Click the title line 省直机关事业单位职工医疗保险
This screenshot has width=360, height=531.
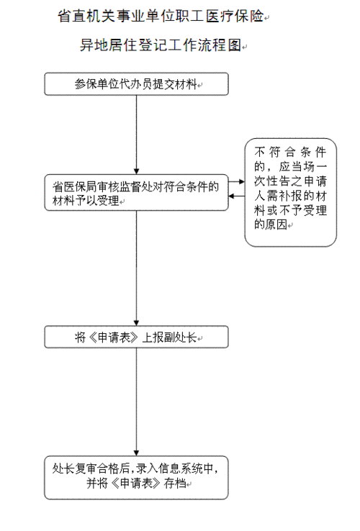click(161, 16)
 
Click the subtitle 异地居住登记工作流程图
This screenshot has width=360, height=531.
click(161, 45)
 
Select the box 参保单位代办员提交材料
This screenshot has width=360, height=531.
click(136, 83)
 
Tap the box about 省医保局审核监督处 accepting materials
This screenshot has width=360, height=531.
click(136, 193)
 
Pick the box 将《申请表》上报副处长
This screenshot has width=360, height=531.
click(136, 337)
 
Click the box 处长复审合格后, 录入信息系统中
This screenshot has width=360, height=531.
click(136, 478)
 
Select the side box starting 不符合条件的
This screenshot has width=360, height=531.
click(290, 192)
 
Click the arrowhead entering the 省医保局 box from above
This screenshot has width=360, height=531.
click(136, 171)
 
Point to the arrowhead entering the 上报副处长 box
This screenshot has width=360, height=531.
click(136, 322)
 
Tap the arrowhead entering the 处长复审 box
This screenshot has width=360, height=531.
click(136, 453)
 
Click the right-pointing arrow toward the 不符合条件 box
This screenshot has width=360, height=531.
click(237, 182)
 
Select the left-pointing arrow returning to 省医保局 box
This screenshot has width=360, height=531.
click(237, 196)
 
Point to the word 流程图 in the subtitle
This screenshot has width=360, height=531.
click(220, 45)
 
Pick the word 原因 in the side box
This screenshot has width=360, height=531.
click(276, 224)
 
